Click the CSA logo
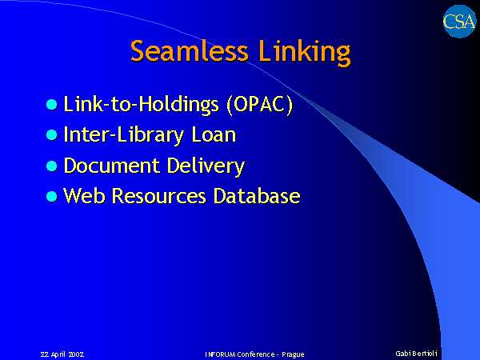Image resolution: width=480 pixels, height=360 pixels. [459, 22]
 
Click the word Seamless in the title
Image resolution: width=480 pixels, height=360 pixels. [189, 51]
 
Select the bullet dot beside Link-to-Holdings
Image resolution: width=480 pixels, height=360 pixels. [52, 104]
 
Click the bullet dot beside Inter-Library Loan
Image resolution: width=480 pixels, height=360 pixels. [52, 135]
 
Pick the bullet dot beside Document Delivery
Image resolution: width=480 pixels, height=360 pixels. [52, 166]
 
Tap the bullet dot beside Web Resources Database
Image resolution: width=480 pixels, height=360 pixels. [52, 196]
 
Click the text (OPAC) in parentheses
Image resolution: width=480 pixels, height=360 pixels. [259, 105]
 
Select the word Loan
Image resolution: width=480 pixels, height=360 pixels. [214, 134]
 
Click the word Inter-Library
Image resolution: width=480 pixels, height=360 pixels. [124, 136]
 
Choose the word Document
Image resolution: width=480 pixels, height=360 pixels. [111, 166]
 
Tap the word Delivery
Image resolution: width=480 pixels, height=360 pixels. [206, 167]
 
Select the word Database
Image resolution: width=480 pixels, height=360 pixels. [257, 196]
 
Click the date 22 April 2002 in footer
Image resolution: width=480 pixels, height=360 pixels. [62, 354]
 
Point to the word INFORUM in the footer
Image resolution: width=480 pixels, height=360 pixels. [220, 354]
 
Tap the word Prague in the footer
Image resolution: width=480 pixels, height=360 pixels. [293, 355]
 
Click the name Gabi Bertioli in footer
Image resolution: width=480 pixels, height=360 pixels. [416, 354]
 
